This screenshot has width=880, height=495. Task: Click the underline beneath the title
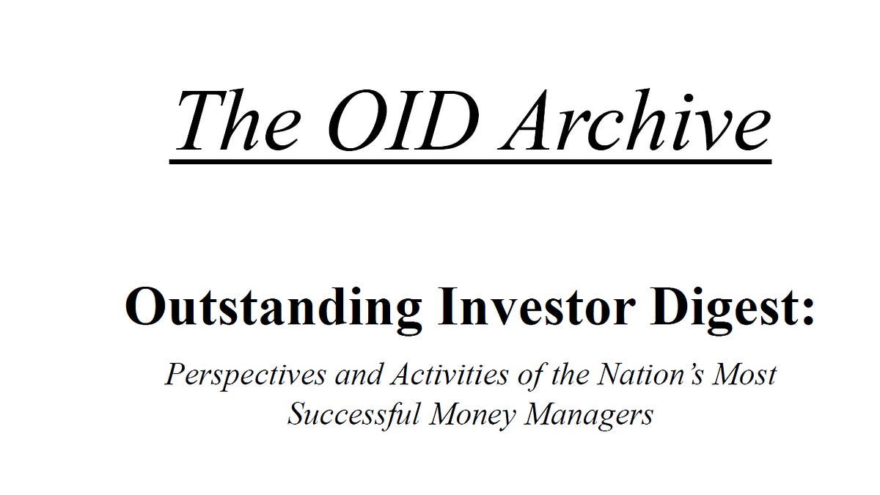470,158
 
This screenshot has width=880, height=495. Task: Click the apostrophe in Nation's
686,367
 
